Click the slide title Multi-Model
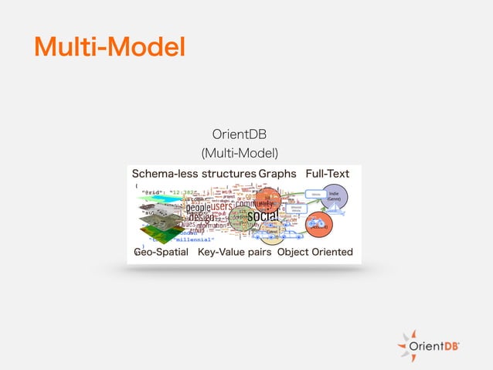click(109, 47)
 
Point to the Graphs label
click(277, 173)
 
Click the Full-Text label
click(330, 173)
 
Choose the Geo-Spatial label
click(161, 252)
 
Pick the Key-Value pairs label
click(234, 252)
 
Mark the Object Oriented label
click(315, 252)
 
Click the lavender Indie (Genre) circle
click(335, 196)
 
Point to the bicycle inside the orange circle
click(315, 226)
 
